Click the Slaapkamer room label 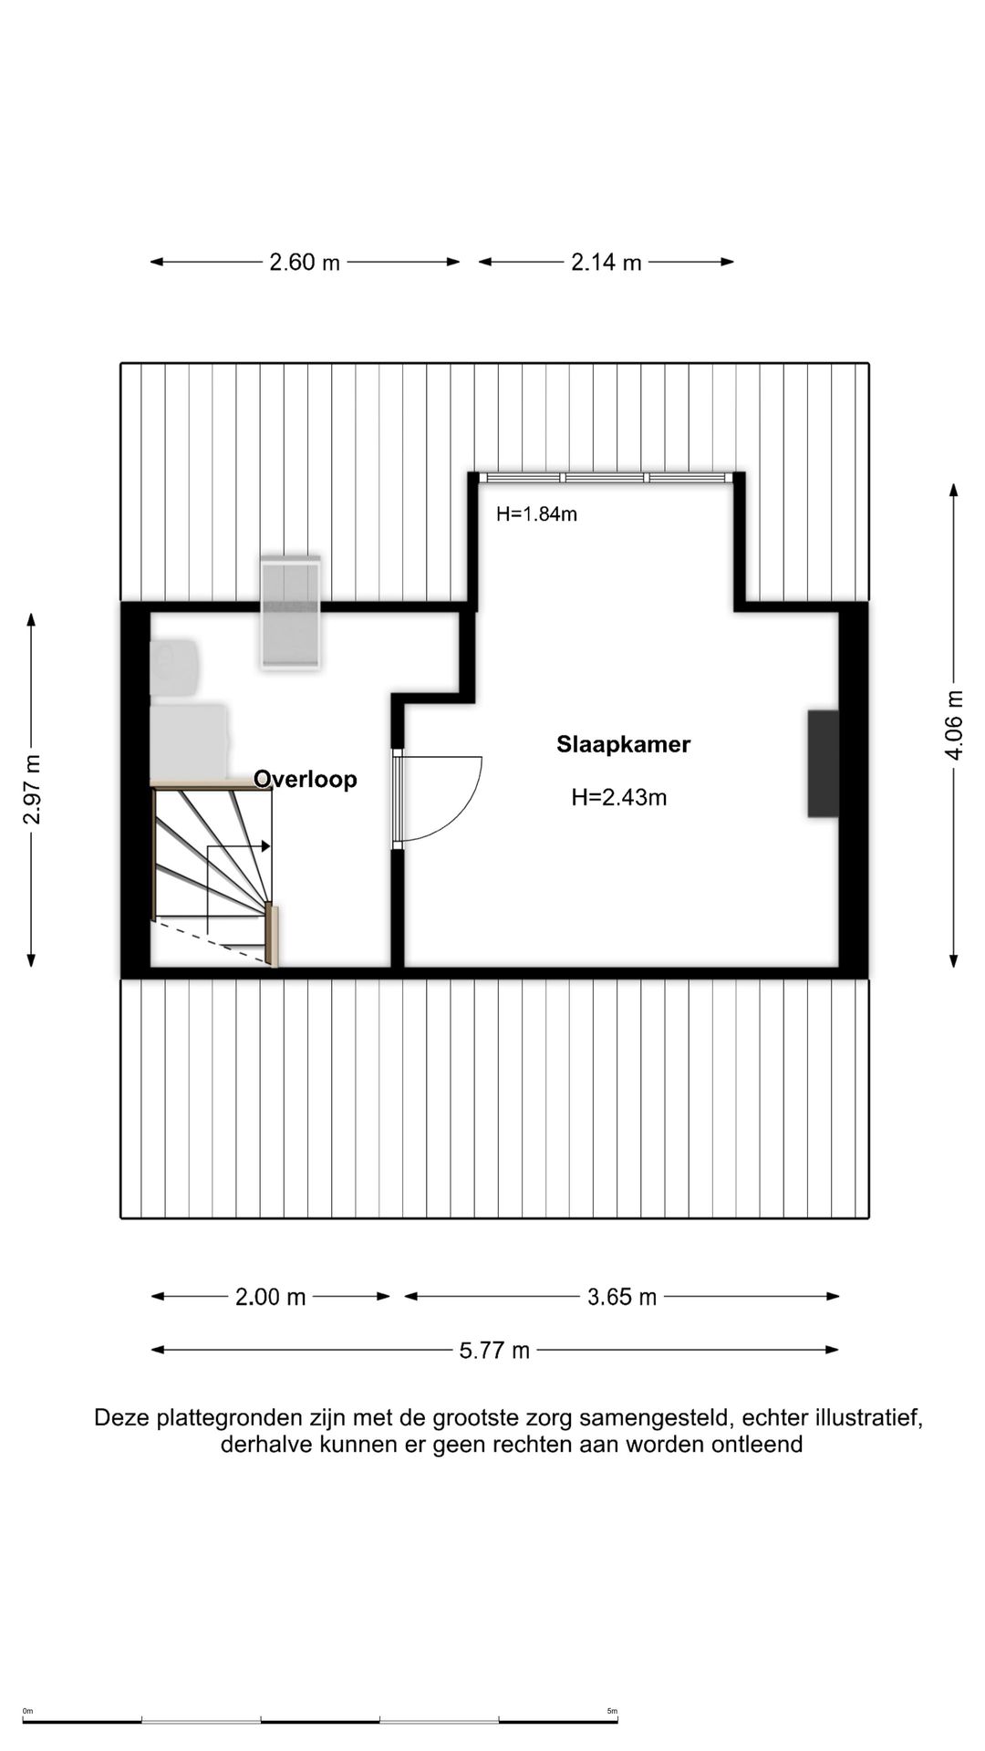(623, 744)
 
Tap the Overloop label (305, 780)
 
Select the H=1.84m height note (536, 513)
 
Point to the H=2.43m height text (618, 798)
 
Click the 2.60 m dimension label (305, 263)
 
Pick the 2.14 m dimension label (607, 263)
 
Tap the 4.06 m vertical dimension (954, 725)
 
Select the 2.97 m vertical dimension (32, 790)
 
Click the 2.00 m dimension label (270, 1297)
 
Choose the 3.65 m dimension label (622, 1297)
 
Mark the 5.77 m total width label (494, 1350)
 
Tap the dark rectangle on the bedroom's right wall (823, 763)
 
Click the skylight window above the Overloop (290, 614)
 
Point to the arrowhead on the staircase (266, 846)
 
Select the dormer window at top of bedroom (607, 477)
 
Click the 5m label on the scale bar (612, 1711)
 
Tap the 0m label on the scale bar (27, 1711)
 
